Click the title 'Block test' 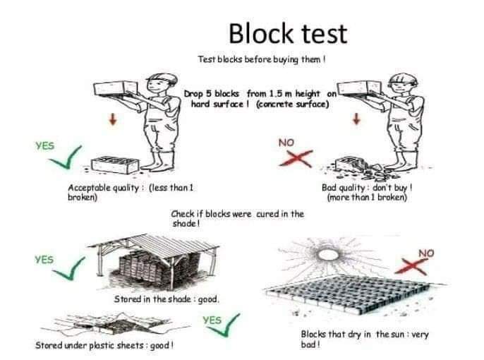point(289,33)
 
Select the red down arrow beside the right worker point(357,119)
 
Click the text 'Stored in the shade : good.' point(167,300)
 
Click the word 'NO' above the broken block point(286,143)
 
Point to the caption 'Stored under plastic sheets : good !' point(104,345)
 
